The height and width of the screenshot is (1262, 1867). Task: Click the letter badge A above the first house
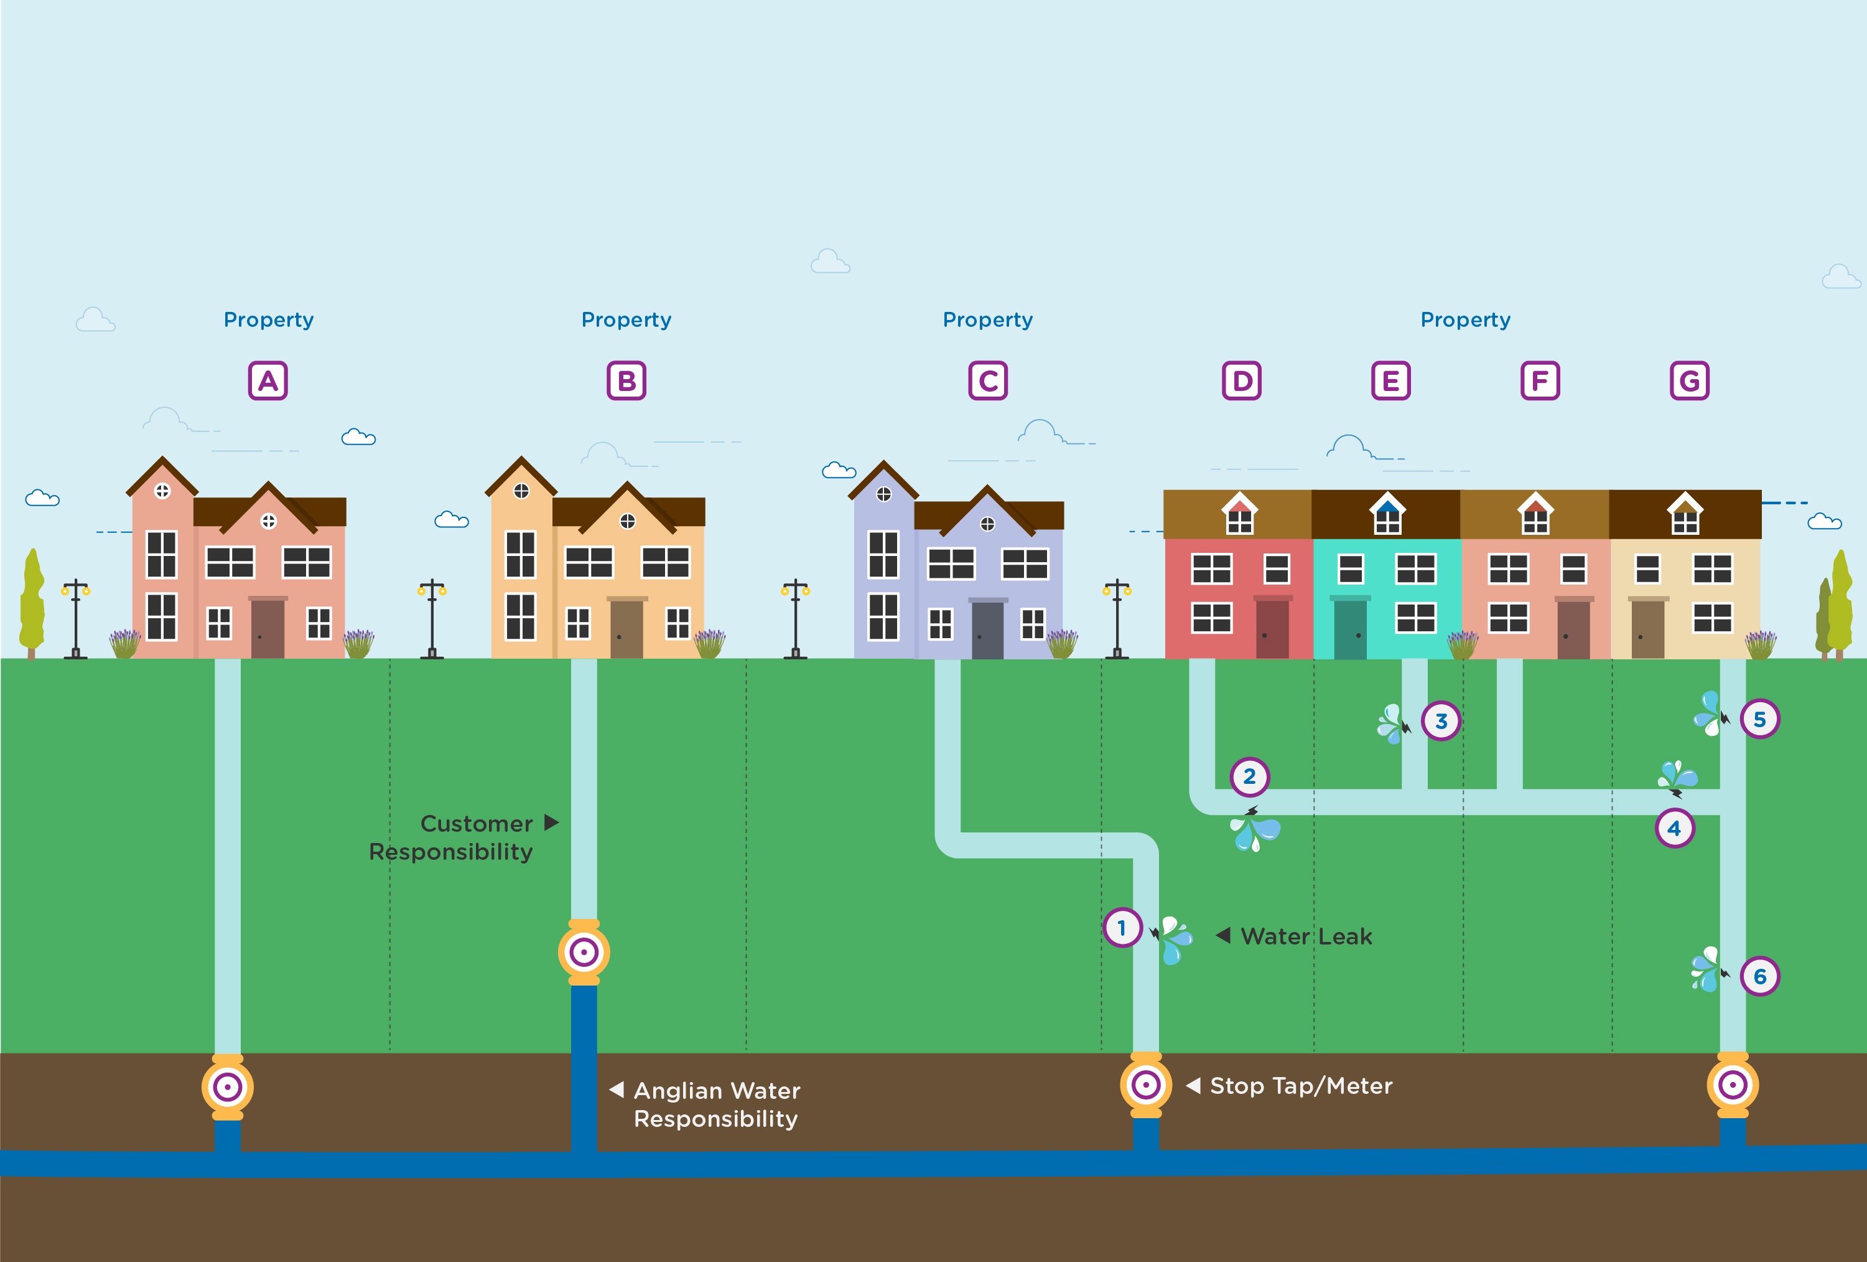coord(268,381)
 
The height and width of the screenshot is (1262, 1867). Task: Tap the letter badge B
coord(626,381)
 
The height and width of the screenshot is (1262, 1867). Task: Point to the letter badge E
coord(1390,381)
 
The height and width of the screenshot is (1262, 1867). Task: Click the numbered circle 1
coord(1122,928)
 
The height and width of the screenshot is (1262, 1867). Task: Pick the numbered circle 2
coord(1249,776)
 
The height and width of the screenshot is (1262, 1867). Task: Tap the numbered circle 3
coord(1441,721)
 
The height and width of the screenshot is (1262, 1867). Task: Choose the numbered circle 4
coord(1674,828)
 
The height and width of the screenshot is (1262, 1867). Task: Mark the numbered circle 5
coord(1759,718)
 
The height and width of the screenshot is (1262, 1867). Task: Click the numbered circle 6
coord(1759,976)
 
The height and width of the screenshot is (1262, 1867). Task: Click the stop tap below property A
coord(227,1088)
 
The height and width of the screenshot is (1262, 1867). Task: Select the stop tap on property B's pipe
coord(584,953)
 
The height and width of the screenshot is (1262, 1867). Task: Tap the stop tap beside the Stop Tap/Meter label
coord(1145,1085)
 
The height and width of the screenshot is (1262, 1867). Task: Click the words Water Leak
coord(1306,936)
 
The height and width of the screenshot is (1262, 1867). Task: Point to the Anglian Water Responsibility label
coord(717,1104)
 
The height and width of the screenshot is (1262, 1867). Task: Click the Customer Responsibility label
coord(452,837)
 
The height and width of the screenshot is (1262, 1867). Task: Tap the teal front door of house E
coord(1351,629)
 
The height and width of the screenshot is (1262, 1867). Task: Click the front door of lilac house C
coord(987,629)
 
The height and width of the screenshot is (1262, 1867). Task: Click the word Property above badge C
coord(987,320)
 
